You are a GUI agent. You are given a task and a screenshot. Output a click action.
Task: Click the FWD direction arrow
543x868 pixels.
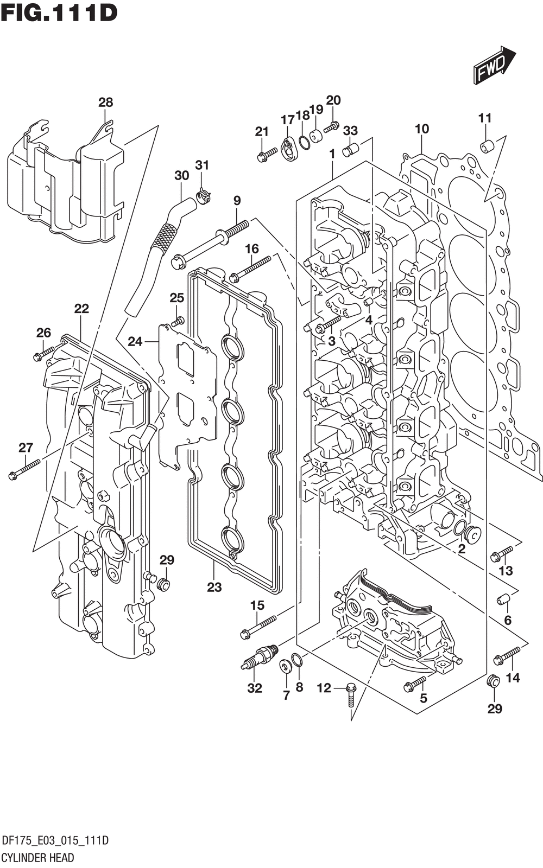494,65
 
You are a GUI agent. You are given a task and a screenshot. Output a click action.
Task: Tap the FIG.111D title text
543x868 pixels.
59,12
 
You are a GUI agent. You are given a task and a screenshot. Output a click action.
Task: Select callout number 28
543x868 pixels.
105,103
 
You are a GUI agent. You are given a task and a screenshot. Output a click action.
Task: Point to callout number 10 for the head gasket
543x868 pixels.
421,129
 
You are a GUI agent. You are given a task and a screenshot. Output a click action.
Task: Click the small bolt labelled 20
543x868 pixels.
332,125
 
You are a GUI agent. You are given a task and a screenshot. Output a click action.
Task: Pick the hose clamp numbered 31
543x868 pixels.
203,195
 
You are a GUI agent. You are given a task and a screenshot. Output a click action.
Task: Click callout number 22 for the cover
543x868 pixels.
81,309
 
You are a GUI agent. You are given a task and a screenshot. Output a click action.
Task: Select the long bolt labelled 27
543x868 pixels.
24,469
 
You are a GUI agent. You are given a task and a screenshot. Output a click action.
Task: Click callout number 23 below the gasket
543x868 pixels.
214,587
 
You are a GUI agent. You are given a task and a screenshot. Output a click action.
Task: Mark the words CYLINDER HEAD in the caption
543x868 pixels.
38,857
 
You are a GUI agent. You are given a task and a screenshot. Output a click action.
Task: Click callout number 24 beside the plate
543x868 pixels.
135,341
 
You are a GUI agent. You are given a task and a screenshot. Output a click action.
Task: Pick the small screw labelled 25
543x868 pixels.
179,321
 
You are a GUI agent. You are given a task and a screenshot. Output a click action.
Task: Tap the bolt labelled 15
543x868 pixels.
258,627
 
